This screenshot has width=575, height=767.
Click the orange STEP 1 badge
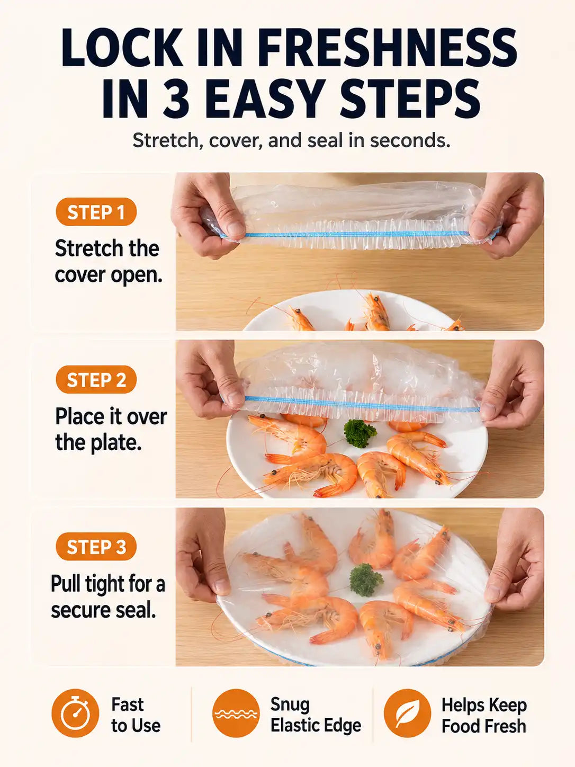(96, 212)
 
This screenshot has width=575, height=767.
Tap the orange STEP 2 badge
(96, 379)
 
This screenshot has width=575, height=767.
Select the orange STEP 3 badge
(96, 547)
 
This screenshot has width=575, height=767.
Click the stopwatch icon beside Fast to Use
(75, 713)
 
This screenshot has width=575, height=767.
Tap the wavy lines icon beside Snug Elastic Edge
(236, 713)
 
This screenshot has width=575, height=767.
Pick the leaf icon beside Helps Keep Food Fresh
(407, 713)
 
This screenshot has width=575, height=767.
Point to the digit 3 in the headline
(176, 98)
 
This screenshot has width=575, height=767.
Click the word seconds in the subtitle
(409, 140)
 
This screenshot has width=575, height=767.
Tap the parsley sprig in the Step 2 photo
(360, 433)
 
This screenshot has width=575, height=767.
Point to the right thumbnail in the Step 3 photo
(493, 592)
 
